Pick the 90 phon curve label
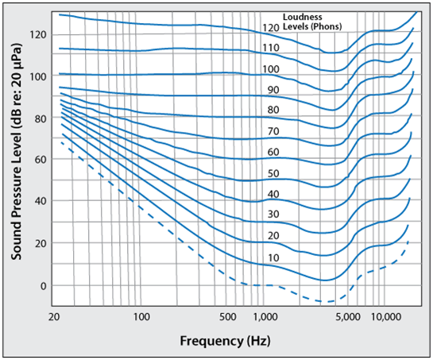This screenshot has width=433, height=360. (273, 90)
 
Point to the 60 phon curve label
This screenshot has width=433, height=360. (273, 152)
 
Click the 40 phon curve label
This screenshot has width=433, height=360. (273, 194)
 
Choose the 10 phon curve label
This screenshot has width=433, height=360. (273, 257)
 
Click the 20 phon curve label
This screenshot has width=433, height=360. (273, 236)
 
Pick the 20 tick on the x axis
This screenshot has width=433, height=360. (55, 316)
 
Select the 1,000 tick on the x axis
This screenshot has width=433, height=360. (265, 316)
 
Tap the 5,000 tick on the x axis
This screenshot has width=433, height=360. (346, 316)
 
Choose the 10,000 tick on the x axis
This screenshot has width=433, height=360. (386, 316)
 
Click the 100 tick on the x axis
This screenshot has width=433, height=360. (141, 316)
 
